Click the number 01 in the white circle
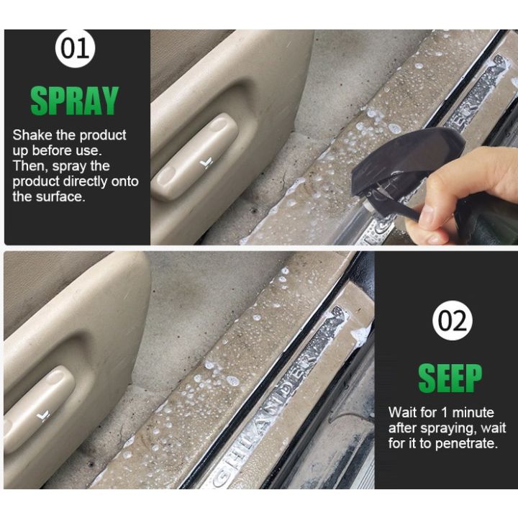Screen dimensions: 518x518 pos(76,49)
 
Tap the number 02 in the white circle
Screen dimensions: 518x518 pos(452,321)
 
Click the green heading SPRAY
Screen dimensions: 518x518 pos(75,101)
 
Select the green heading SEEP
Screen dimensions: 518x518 pos(450,376)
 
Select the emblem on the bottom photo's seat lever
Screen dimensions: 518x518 pos(43,415)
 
